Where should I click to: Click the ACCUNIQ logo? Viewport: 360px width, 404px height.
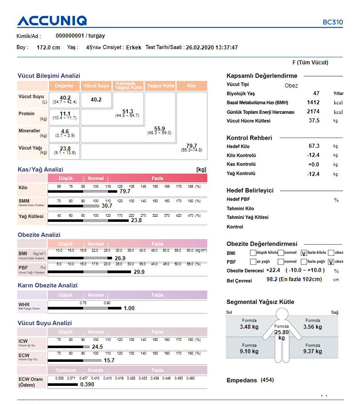(52, 21)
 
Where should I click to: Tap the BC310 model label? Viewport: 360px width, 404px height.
(333, 22)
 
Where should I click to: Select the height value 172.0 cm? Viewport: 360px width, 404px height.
(48, 47)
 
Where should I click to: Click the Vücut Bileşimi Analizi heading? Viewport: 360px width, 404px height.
(49, 76)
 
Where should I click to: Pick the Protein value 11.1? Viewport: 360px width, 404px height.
(65, 114)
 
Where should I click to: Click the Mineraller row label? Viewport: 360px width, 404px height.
(29, 131)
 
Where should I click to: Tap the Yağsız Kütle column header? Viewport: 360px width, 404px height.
(161, 86)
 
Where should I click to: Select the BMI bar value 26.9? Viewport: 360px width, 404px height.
(120, 258)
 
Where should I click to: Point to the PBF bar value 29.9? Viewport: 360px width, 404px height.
(139, 272)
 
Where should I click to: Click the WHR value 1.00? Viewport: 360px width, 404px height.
(129, 308)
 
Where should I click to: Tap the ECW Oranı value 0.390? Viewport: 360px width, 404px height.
(88, 385)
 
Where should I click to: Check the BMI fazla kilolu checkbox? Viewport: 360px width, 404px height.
(303, 253)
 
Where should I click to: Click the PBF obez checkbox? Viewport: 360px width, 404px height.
(331, 262)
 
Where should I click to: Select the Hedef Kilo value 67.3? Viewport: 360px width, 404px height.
(314, 146)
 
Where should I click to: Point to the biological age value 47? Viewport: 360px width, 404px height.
(316, 93)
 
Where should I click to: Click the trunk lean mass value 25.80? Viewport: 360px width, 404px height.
(282, 332)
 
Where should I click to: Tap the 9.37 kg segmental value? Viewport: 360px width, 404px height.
(313, 351)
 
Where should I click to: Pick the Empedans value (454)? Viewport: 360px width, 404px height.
(267, 380)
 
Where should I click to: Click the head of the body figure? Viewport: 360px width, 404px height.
(282, 314)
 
